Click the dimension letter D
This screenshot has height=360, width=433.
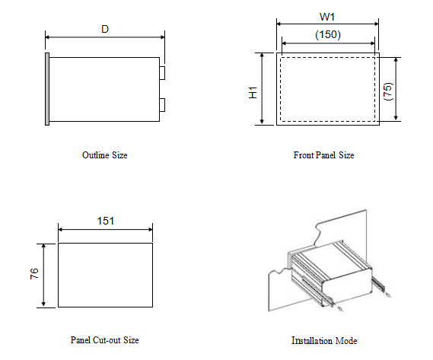(105, 29)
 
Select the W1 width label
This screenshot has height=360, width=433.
(328, 17)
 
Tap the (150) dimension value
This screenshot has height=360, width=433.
(328, 34)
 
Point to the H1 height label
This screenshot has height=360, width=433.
(253, 91)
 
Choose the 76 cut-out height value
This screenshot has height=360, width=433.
(34, 274)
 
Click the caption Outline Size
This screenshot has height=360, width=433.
(104, 155)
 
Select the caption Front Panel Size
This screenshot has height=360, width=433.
(323, 155)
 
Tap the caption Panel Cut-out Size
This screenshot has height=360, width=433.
(104, 340)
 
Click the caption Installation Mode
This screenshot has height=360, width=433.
(323, 340)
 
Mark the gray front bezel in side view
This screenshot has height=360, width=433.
(48, 88)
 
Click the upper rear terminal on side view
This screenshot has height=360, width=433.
(163, 72)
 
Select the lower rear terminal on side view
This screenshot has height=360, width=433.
(163, 104)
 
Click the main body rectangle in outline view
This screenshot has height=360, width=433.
(105, 88)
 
